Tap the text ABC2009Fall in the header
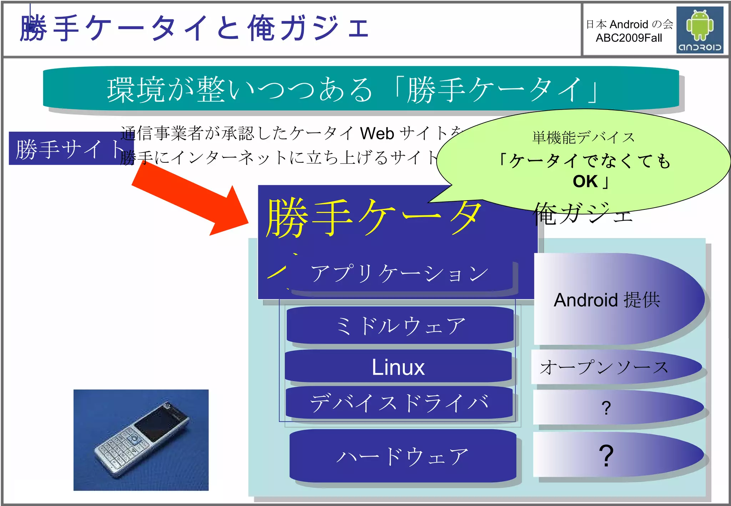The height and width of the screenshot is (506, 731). [x=629, y=38]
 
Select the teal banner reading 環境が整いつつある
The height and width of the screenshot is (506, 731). [x=361, y=89]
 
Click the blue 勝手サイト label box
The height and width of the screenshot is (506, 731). [x=68, y=148]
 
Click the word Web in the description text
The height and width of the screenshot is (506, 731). [x=377, y=133]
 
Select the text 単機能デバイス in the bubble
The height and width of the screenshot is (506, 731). [x=584, y=137]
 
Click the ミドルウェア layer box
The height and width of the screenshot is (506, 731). [x=400, y=325]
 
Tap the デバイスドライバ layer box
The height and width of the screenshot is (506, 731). [x=399, y=403]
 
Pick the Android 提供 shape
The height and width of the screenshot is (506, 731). [x=607, y=300]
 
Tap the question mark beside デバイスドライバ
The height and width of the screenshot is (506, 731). [x=606, y=408]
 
